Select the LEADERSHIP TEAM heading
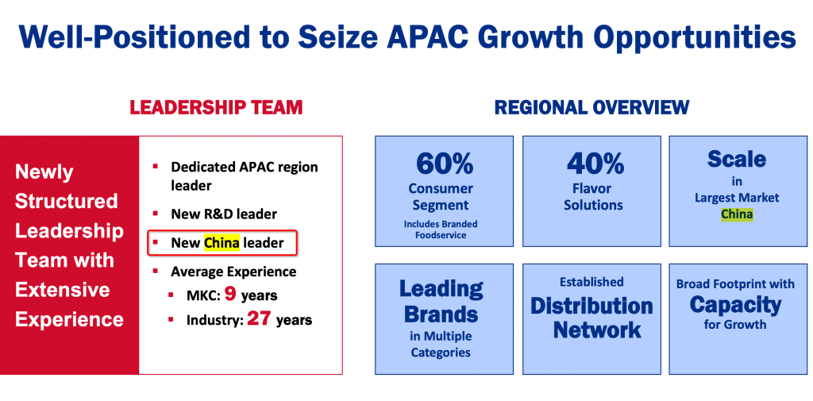(x=216, y=107)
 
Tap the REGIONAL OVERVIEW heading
(x=591, y=107)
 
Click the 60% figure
(x=445, y=164)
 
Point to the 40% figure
(x=595, y=164)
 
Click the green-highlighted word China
(x=736, y=214)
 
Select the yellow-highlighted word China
(x=222, y=243)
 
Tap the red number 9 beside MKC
(x=230, y=295)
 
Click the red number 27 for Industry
(x=259, y=318)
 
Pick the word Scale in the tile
(x=736, y=160)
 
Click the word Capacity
(x=734, y=304)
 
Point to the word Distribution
(x=591, y=306)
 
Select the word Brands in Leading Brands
(x=441, y=314)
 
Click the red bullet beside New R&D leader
(x=155, y=213)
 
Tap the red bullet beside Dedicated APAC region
(x=155, y=166)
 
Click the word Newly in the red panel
(x=44, y=172)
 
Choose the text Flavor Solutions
(x=594, y=197)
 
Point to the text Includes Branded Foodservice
(x=441, y=229)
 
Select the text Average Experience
(x=233, y=272)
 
